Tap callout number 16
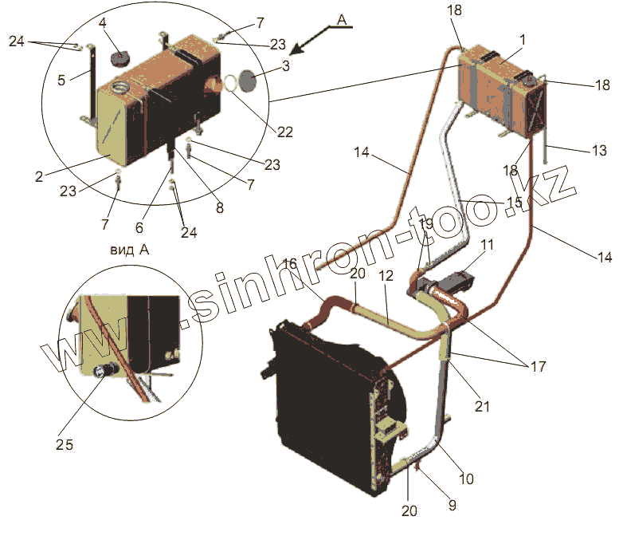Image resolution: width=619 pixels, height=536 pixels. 290,263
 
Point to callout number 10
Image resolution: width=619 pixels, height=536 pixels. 466,479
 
